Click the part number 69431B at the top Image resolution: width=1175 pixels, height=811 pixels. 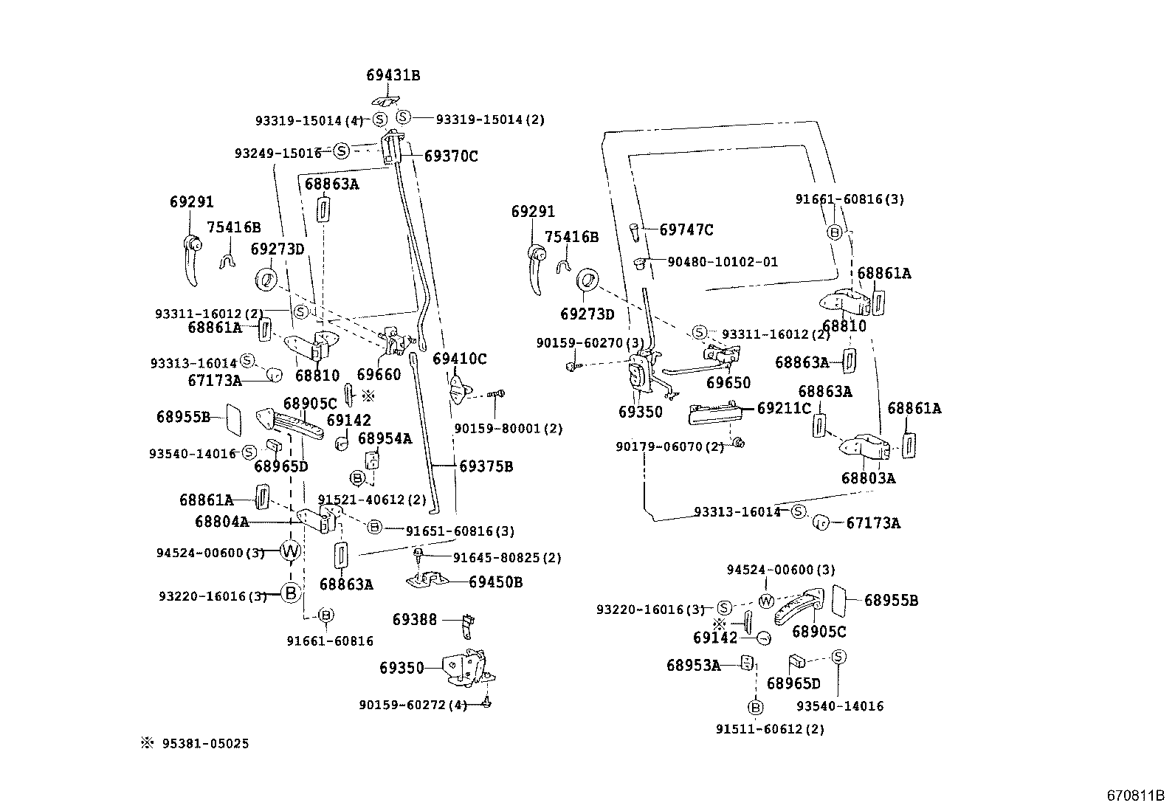coord(393,75)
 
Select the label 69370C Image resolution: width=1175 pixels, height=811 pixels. coord(451,156)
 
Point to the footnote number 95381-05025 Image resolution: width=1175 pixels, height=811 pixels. coord(205,743)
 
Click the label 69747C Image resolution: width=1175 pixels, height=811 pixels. coord(686,230)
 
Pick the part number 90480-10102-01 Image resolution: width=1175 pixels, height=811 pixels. coord(723,262)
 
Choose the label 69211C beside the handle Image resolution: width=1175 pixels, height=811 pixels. coord(784,408)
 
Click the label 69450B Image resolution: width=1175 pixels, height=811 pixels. coord(496,582)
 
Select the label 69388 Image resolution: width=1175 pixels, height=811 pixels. coord(414,620)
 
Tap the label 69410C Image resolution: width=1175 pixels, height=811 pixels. coord(460,359)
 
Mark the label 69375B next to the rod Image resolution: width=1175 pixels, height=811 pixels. coord(486,466)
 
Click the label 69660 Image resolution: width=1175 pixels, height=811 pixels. coord(379,375)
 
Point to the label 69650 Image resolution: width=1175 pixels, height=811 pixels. coord(728,382)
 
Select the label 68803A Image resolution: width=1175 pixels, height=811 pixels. coord(868,478)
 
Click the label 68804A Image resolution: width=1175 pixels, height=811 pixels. coord(222,522)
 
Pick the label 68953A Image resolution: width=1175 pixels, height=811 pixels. coord(694,666)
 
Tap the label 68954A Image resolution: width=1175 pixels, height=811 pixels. coord(385,438)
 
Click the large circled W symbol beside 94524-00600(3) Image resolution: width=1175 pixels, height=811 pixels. coord(290,551)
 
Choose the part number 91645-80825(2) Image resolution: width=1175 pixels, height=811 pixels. coord(507,558)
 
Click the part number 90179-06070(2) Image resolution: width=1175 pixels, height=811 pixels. coord(670,447)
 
